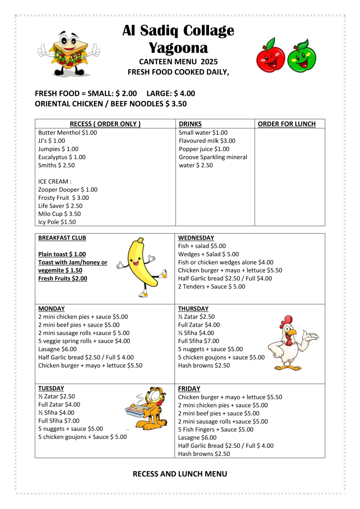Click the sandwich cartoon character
coord(69,51)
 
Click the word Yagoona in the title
coord(179,48)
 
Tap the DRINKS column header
coord(190,124)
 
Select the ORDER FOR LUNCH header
coord(286,124)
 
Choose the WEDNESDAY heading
coord(196,238)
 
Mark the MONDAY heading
coord(52,309)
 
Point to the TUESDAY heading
coord(51,388)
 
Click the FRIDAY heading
coord(189,389)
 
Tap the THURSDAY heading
coord(193,309)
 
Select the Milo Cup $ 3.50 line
coord(59,214)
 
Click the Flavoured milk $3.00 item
coord(207,141)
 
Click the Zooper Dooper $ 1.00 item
coord(68,189)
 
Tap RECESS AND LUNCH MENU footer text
coord(180,474)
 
